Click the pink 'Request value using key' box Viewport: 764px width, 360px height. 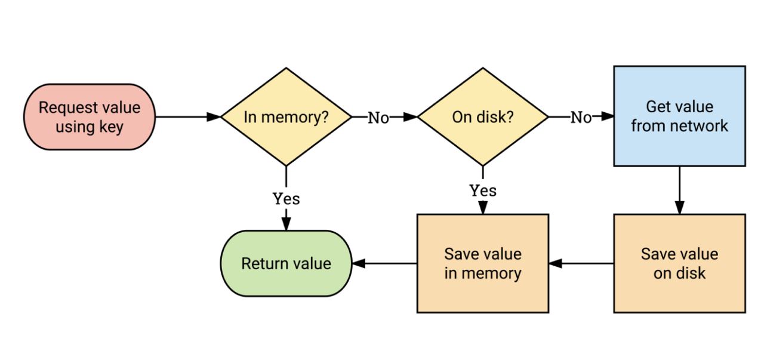[x=90, y=117]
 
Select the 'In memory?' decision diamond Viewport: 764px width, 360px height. [x=286, y=117]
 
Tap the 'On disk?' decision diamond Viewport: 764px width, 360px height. [x=482, y=117]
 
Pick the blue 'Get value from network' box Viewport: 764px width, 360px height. [x=679, y=116]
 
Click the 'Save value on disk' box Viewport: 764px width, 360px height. [x=679, y=263]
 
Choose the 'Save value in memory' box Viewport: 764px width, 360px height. [x=482, y=263]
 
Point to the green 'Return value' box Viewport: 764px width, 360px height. [x=286, y=263]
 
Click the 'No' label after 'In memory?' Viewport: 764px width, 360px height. [x=378, y=118]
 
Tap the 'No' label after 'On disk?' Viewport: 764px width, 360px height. [x=581, y=118]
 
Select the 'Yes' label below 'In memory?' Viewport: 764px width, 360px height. [x=286, y=198]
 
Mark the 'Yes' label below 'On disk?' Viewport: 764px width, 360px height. [x=482, y=190]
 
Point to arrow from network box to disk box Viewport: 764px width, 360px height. [x=679, y=190]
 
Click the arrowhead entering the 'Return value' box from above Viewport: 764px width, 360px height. [x=286, y=224]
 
